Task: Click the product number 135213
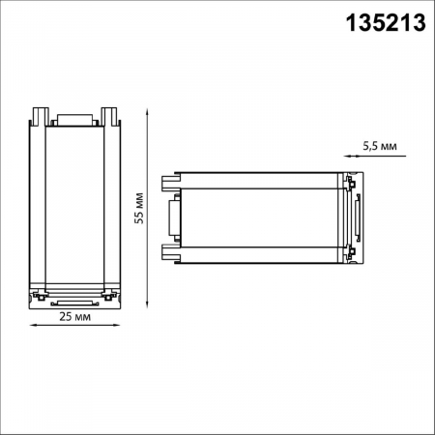(386, 24)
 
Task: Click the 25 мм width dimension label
(74, 316)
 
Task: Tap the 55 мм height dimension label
(139, 208)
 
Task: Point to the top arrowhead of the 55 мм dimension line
(147, 109)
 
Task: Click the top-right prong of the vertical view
(111, 117)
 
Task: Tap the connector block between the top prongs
(74, 120)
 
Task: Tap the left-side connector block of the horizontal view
(175, 217)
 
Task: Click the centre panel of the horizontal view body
(261, 217)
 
